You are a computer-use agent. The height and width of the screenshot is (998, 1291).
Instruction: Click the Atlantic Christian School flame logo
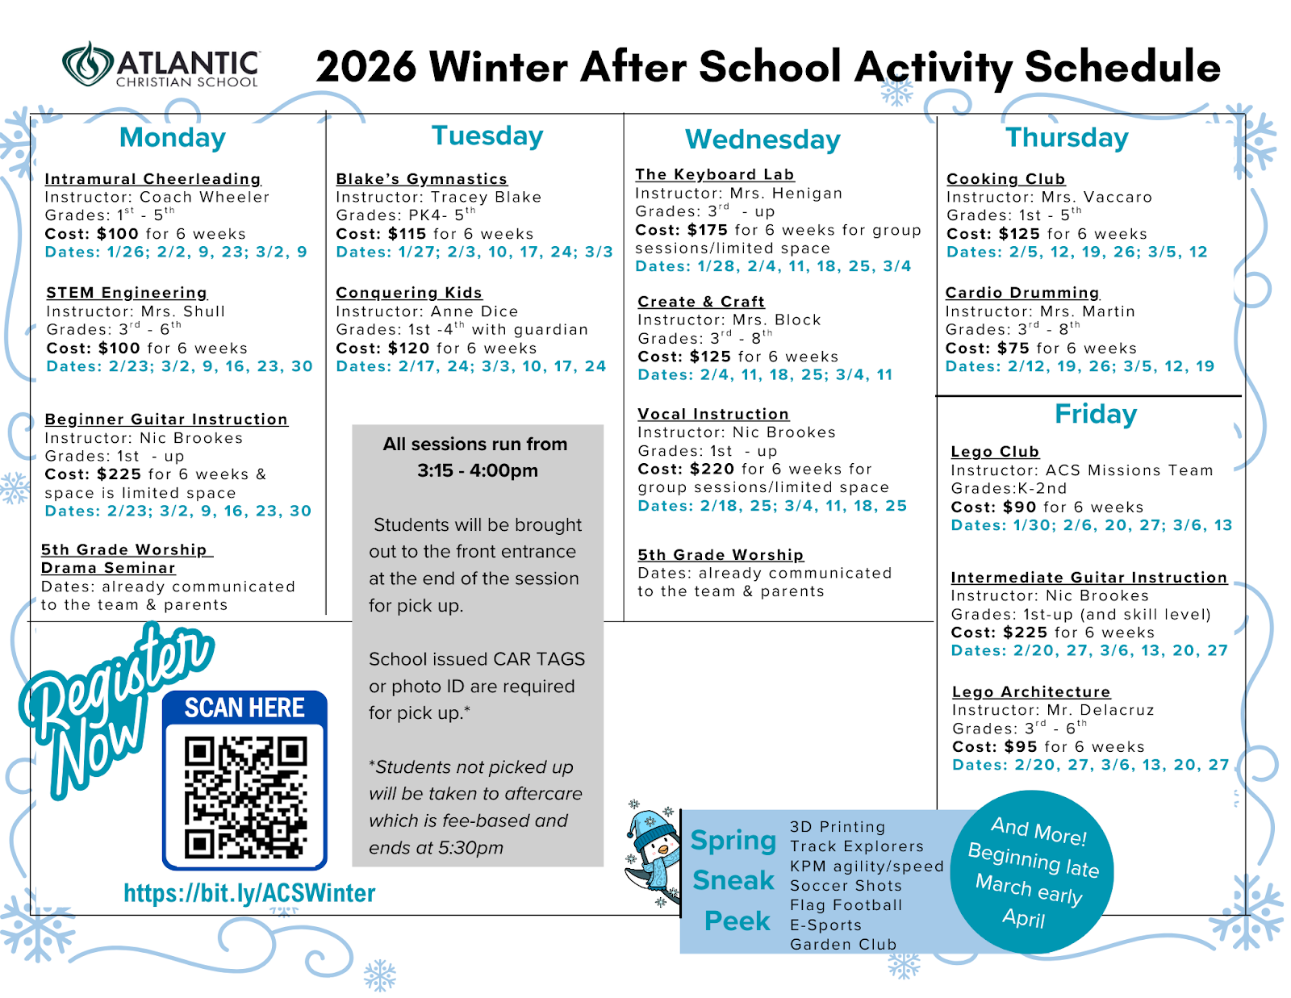click(x=88, y=65)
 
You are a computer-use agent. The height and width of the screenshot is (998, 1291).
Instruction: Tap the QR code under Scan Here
click(x=244, y=796)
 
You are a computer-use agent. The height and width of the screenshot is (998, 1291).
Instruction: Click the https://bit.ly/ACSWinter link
click(x=249, y=893)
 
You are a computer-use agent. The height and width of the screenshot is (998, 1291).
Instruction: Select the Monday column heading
click(x=173, y=137)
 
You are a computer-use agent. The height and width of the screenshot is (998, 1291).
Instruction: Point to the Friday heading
click(x=1095, y=414)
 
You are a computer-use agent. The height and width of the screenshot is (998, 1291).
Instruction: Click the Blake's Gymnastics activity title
click(x=421, y=179)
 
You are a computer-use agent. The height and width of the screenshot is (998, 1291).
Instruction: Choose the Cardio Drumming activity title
click(x=1022, y=293)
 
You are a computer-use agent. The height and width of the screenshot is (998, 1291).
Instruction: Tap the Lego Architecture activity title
click(x=1031, y=692)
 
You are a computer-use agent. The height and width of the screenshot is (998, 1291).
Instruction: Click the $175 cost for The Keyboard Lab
click(x=708, y=230)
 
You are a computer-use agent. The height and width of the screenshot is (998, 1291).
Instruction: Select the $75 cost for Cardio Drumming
click(x=1012, y=349)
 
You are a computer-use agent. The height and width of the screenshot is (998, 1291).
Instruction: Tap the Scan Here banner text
click(x=244, y=708)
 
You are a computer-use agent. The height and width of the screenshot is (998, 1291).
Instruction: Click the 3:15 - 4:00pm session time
click(x=477, y=470)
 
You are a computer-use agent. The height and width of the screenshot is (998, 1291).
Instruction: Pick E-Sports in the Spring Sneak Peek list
click(x=825, y=925)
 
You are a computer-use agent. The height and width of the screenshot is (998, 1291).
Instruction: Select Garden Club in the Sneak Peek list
click(x=843, y=945)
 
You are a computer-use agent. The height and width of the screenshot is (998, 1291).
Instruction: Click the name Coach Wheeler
click(x=204, y=198)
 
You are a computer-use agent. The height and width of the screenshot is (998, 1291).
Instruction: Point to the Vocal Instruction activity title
click(x=713, y=415)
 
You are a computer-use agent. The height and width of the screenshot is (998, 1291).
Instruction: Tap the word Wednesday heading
click(x=762, y=140)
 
